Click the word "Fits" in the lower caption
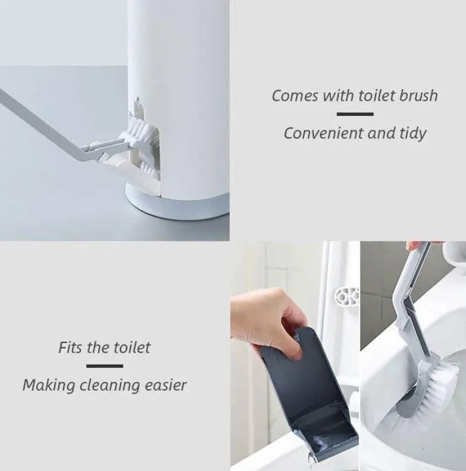(x=70, y=348)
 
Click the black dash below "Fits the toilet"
(x=105, y=366)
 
